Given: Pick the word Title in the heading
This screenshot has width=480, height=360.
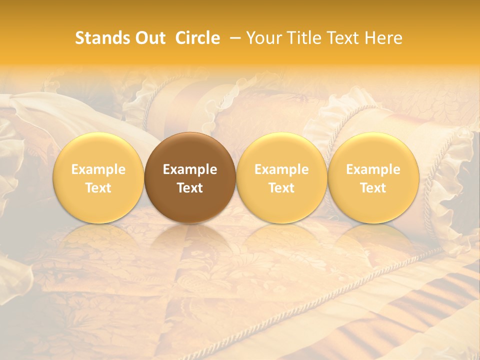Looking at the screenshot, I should pyautogui.click(x=303, y=38).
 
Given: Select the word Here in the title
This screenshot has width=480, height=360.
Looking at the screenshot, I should pyautogui.click(x=383, y=38).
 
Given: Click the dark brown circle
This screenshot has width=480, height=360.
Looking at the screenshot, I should pyautogui.click(x=190, y=177).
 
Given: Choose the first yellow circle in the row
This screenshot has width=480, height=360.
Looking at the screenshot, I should pyautogui.click(x=98, y=177).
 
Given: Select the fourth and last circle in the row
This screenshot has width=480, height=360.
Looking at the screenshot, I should pyautogui.click(x=373, y=177).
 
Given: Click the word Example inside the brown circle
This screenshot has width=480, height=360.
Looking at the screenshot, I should pyautogui.click(x=190, y=169).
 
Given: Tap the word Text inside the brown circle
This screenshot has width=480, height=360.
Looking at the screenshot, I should pyautogui.click(x=190, y=188).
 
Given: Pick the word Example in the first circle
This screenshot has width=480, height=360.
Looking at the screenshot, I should pyautogui.click(x=98, y=169).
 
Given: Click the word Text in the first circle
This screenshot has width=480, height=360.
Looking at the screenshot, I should pyautogui.click(x=98, y=188).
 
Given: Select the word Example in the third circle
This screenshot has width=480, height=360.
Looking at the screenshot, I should pyautogui.click(x=281, y=169).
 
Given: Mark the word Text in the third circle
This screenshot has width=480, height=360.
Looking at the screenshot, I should pyautogui.click(x=281, y=188).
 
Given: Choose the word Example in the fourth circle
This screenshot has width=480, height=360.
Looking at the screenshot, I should pyautogui.click(x=373, y=169).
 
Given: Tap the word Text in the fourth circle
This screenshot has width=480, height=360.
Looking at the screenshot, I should pyautogui.click(x=373, y=188).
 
